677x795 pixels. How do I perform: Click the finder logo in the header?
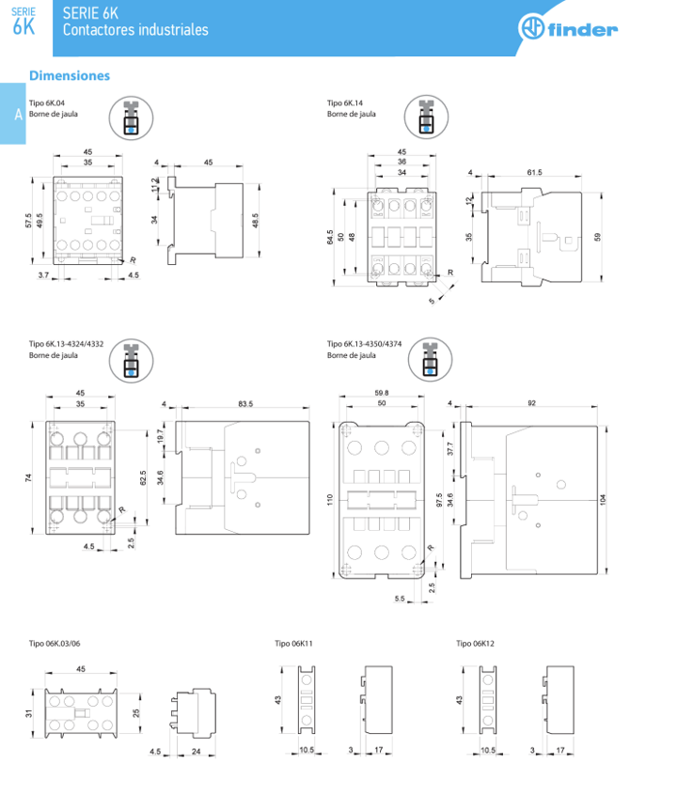tap(568, 29)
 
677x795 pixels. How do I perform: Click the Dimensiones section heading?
tap(70, 75)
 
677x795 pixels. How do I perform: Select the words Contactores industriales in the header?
tap(135, 30)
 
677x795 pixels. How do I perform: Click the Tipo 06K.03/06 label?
tap(55, 645)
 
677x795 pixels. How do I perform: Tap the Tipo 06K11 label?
tap(293, 645)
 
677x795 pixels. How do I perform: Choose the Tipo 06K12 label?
tap(476, 645)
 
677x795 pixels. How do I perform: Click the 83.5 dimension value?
tap(244, 404)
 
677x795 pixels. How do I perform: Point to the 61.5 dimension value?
tap(535, 173)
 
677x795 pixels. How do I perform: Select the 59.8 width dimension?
tap(382, 393)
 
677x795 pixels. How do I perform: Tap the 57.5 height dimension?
tap(29, 221)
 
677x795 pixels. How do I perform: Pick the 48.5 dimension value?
tap(257, 220)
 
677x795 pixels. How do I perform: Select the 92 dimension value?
tap(532, 404)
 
